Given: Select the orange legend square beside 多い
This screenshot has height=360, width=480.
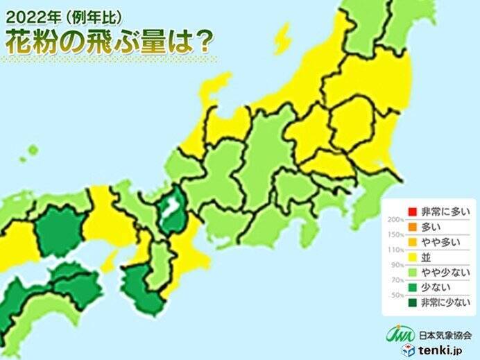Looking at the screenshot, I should pyautogui.click(x=411, y=227).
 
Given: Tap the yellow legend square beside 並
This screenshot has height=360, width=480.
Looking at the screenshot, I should pyautogui.click(x=411, y=257).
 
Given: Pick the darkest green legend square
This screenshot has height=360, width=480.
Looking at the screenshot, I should pyautogui.click(x=411, y=302).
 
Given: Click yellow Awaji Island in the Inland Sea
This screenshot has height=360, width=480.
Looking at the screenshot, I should pyautogui.click(x=109, y=262).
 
